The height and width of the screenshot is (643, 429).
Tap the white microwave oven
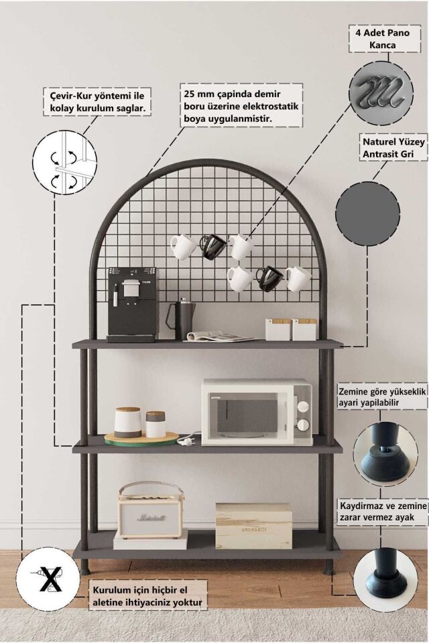click(257, 412)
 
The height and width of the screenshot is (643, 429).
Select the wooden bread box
click(253, 526)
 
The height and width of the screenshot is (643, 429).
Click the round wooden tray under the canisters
click(141, 439)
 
